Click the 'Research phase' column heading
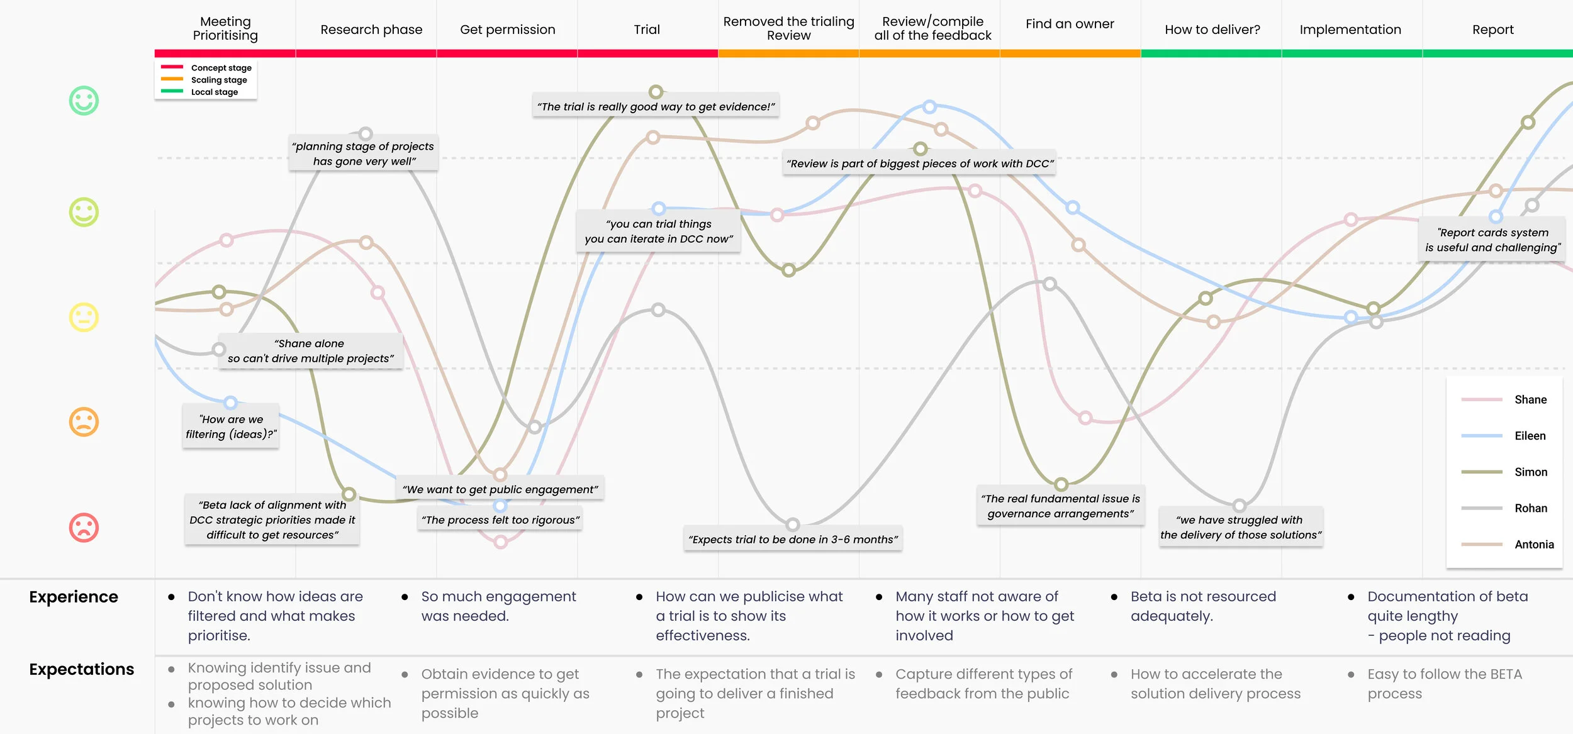pos(371,30)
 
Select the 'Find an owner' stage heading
pos(1070,24)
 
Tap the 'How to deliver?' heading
pos(1212,30)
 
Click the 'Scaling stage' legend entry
pos(219,80)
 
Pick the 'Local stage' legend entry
pos(215,92)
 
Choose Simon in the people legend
pos(1530,472)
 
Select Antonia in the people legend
pos(1534,544)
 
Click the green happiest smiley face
pos(84,101)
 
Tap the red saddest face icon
pos(84,528)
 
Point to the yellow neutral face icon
pos(84,317)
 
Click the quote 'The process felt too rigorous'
pos(500,520)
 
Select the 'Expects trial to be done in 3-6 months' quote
pos(793,539)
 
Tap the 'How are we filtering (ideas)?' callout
pos(231,426)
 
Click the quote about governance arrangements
pos(1060,506)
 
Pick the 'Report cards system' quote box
pos(1492,240)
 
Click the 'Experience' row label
pos(74,597)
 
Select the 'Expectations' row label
pos(82,669)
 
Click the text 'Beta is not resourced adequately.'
pos(1203,606)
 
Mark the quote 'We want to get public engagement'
pos(500,489)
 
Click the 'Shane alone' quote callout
pos(310,351)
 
